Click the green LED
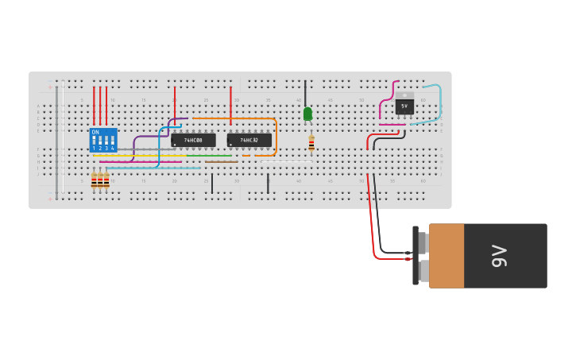pyautogui.click(x=307, y=114)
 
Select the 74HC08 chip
pyautogui.click(x=193, y=140)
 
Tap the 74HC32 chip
pyautogui.click(x=249, y=140)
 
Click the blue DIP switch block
pyautogui.click(x=103, y=140)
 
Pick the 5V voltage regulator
pyautogui.click(x=404, y=105)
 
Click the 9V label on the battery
pyautogui.click(x=499, y=256)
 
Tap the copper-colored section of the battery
pyautogui.click(x=446, y=256)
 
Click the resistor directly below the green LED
pyautogui.click(x=311, y=143)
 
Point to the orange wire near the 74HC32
pyautogui.click(x=276, y=135)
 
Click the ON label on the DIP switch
pyautogui.click(x=95, y=132)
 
